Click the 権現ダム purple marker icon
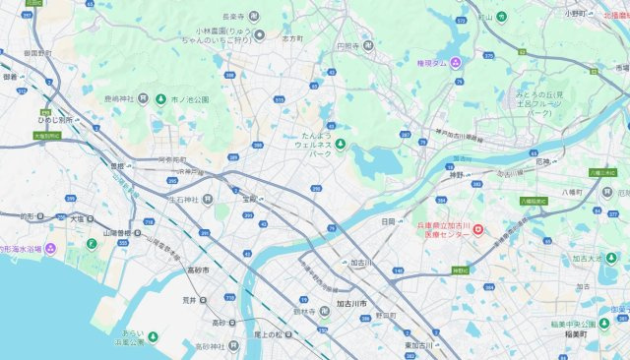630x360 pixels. [x=456, y=62]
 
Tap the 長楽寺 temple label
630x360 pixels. [x=232, y=15]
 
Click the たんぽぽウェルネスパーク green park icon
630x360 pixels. [x=341, y=146]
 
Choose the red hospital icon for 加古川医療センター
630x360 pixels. [x=478, y=230]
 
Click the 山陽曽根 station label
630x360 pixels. [x=117, y=234]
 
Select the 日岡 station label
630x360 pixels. [x=388, y=220]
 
